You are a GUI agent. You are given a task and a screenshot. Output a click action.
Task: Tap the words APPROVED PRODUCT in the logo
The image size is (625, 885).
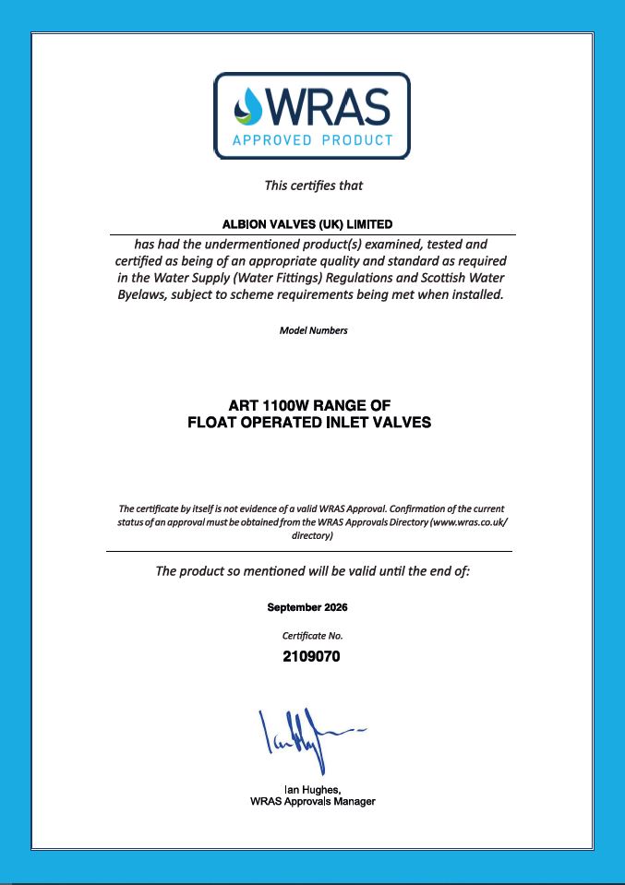[312, 140]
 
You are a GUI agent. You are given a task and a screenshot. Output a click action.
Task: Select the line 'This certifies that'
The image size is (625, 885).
[314, 185]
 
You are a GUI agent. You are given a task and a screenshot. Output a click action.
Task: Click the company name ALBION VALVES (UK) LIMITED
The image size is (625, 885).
[308, 224]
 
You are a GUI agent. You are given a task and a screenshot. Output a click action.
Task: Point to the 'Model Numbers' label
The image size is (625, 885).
[313, 330]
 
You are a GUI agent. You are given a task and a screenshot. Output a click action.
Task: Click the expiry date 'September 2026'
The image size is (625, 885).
[307, 607]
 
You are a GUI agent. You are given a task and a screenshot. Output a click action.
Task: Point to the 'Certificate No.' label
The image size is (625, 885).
[312, 636]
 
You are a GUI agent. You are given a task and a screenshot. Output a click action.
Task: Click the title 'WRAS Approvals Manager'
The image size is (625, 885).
[312, 801]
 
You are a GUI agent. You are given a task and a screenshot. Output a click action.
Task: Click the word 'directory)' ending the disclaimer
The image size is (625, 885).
[312, 535]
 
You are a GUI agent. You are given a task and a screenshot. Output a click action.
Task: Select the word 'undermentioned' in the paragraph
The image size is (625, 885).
[238, 245]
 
